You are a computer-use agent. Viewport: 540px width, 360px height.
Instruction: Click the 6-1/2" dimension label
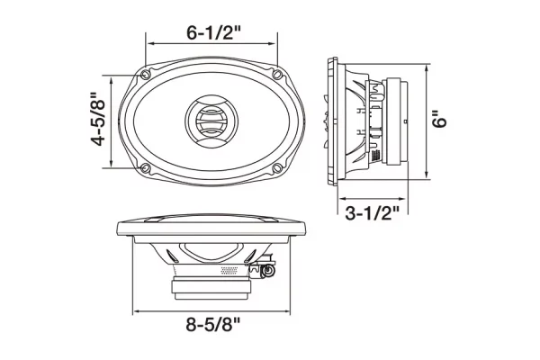213,32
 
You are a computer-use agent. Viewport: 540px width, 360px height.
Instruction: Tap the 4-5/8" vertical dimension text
97,119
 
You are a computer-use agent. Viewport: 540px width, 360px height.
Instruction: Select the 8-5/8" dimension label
213,324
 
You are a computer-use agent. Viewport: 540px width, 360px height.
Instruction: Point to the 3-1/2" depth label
373,213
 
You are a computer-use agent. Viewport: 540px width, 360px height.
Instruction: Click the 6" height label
439,119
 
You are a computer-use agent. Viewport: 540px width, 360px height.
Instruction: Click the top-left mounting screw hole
145,74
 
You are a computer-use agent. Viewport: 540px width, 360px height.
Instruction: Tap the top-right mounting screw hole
277,74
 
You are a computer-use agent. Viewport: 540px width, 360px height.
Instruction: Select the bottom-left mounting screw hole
145,168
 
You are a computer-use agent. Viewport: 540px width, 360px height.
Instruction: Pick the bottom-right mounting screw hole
277,168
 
